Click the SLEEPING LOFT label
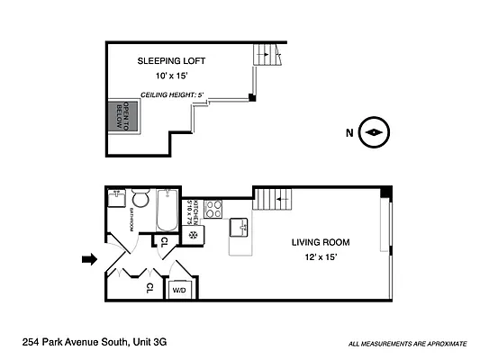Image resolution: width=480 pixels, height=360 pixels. [x=171, y=61]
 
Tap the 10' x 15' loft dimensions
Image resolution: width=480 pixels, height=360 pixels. [x=171, y=76]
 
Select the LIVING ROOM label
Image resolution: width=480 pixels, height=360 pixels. [x=321, y=242]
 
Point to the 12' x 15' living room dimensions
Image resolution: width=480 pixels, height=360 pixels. [x=320, y=259]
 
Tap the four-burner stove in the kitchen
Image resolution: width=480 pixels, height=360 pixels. [x=213, y=209]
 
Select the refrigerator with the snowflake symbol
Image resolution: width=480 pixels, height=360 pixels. [x=193, y=236]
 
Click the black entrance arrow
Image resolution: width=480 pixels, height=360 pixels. [x=88, y=259]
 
